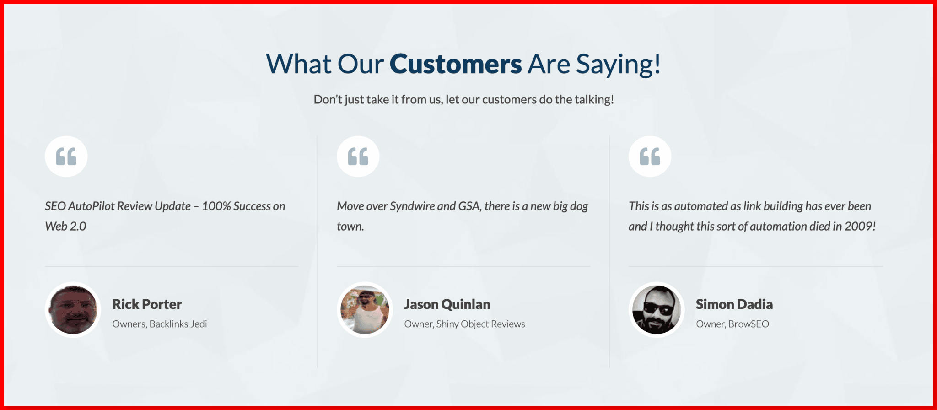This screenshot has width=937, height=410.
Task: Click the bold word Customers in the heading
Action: tap(456, 64)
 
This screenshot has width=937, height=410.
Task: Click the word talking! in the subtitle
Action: tap(594, 100)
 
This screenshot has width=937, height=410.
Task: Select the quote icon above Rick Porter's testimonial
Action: tap(66, 156)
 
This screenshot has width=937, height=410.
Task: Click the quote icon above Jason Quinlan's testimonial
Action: tap(358, 156)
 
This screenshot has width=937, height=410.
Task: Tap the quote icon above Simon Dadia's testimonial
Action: tap(650, 156)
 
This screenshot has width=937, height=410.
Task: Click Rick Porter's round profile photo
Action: tap(73, 310)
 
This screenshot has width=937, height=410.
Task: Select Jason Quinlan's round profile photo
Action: tap(365, 310)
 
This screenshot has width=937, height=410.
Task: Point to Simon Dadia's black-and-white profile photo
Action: tap(657, 310)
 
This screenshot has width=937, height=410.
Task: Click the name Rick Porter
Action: tap(147, 304)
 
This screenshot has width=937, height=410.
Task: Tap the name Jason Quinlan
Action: tap(447, 304)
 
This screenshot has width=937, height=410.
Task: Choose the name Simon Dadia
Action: tap(734, 304)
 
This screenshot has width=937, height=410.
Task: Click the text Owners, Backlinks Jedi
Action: tap(160, 324)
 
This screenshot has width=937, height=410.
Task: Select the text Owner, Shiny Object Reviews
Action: tap(464, 324)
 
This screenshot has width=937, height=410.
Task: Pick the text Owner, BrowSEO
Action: tap(732, 324)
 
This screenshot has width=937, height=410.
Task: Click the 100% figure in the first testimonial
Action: tap(216, 206)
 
